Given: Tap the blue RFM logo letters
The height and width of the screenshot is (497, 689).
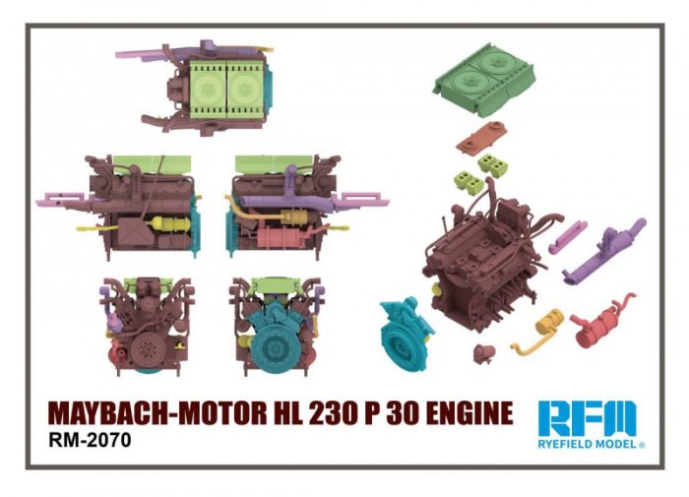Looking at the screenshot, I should pyautogui.click(x=588, y=418).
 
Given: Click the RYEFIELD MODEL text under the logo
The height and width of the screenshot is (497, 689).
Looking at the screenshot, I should pyautogui.click(x=588, y=444).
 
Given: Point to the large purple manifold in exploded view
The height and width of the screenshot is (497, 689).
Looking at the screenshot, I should pyautogui.click(x=605, y=251).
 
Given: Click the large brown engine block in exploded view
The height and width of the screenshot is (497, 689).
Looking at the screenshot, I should pyautogui.click(x=477, y=256).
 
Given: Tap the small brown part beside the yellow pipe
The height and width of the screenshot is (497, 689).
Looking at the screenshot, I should pyautogui.click(x=484, y=351).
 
